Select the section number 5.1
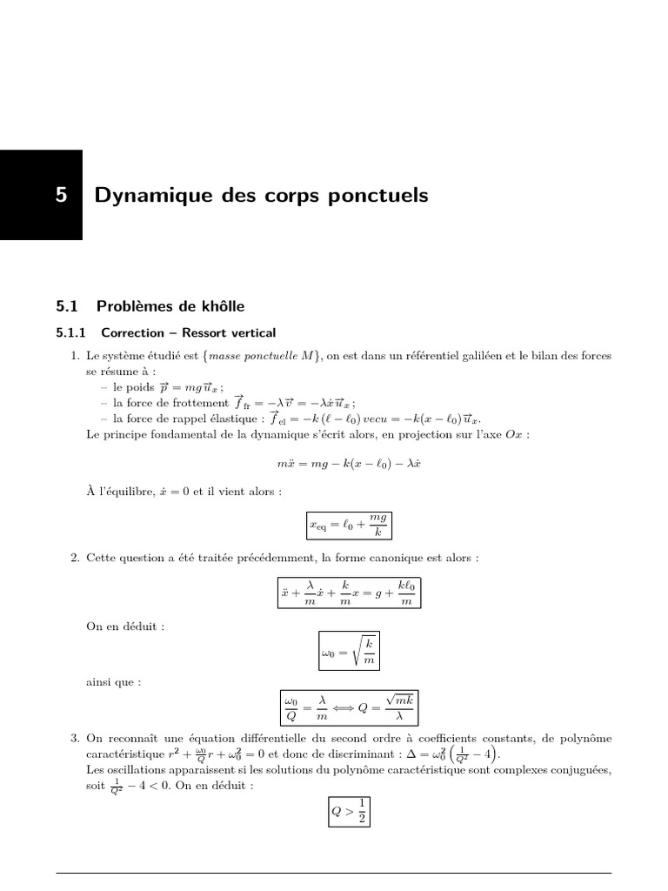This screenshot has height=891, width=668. pos(68,305)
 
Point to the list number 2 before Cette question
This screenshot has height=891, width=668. pos(75,557)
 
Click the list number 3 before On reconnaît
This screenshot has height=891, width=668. pos(75,740)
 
